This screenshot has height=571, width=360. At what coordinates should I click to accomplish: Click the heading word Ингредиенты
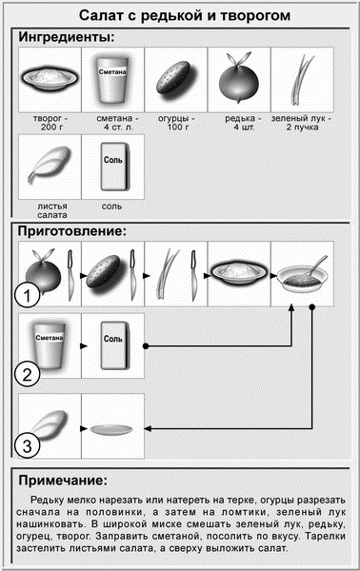67,37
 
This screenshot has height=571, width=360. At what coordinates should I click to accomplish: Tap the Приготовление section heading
72,231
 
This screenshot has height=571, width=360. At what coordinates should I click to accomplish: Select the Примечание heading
63,481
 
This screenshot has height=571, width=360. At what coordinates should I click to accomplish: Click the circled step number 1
28,296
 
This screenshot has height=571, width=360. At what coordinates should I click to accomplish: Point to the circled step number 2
28,374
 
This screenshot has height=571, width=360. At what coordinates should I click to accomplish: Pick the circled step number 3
28,445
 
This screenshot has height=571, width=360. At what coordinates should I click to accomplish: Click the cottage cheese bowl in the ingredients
50,78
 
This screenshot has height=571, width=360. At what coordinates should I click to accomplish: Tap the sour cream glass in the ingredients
111,79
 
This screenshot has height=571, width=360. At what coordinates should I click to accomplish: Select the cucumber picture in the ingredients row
173,78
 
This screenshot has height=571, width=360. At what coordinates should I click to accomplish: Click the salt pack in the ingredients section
114,167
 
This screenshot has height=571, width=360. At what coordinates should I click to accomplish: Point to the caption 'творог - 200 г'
50,123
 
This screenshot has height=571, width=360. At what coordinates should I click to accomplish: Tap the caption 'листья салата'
52,211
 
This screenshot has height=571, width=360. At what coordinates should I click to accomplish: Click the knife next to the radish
70,275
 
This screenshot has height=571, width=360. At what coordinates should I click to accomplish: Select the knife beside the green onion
194,275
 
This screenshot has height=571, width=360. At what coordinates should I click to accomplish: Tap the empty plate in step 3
110,430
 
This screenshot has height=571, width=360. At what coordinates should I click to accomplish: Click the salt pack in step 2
114,345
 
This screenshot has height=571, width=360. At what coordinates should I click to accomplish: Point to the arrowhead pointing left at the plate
148,428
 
